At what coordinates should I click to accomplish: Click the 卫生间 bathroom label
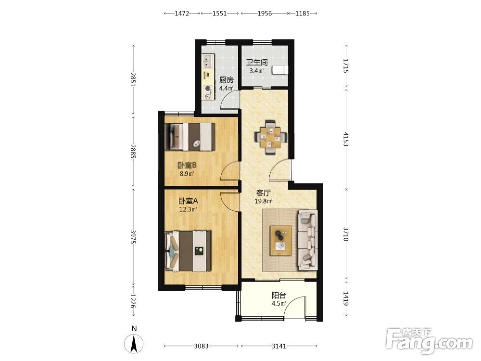(x=257, y=62)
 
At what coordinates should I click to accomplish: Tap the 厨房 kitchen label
(x=227, y=80)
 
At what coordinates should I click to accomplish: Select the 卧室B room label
(x=187, y=166)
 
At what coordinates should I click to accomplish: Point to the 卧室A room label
(x=188, y=201)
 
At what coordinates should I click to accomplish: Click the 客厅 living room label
(x=263, y=193)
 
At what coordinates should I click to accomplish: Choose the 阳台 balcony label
(x=279, y=296)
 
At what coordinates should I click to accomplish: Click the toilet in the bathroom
(x=280, y=70)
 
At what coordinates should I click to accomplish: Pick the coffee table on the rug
(x=281, y=240)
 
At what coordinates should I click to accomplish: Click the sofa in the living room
(x=307, y=240)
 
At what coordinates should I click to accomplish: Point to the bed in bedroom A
(x=188, y=251)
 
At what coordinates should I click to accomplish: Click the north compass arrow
(x=134, y=344)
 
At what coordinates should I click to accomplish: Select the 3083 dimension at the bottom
(x=201, y=346)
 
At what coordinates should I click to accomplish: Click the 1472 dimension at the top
(x=182, y=13)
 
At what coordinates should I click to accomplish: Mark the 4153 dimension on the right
(x=346, y=139)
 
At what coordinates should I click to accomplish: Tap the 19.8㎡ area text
(x=264, y=201)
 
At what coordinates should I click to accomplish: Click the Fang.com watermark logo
(x=429, y=341)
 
